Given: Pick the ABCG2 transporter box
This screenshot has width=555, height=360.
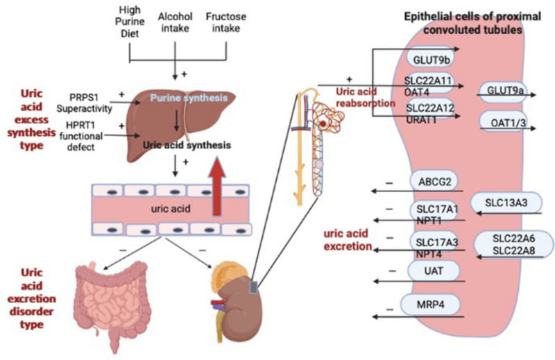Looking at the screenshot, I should pyautogui.click(x=433, y=181).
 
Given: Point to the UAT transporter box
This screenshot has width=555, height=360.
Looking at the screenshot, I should pyautogui.click(x=433, y=273).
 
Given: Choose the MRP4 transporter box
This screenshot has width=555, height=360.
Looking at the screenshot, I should pyautogui.click(x=433, y=307).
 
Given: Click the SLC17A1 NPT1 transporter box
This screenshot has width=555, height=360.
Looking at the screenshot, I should pyautogui.click(x=433, y=212).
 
